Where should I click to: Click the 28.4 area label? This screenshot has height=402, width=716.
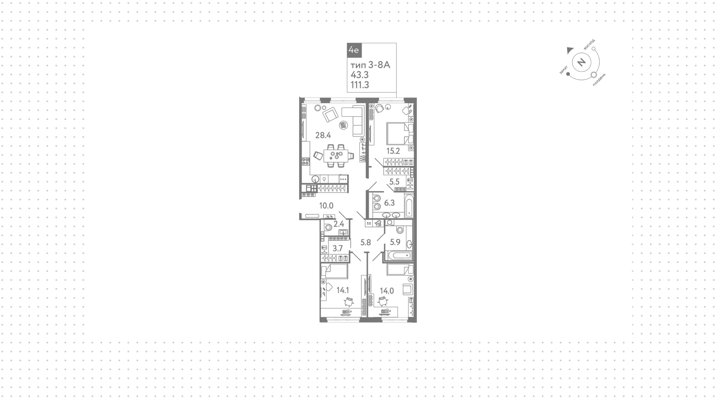coord(323,135)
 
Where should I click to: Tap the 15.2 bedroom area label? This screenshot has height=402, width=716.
coord(393,151)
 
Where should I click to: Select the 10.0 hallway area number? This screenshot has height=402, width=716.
coord(326,205)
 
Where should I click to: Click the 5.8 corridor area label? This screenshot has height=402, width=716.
coord(365,242)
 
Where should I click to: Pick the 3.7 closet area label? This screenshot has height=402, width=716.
coord(337,249)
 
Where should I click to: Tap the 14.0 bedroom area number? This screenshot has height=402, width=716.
coord(387,291)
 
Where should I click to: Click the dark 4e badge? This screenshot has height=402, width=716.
coord(354,50)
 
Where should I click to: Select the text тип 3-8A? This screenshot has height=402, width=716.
coord(370,65)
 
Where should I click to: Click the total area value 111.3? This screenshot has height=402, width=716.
coord(360,85)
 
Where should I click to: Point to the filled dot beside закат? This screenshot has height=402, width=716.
coord(568,74)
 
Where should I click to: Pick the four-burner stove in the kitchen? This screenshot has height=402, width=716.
coord(305,161)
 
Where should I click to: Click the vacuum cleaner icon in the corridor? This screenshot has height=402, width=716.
coord(378,223)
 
